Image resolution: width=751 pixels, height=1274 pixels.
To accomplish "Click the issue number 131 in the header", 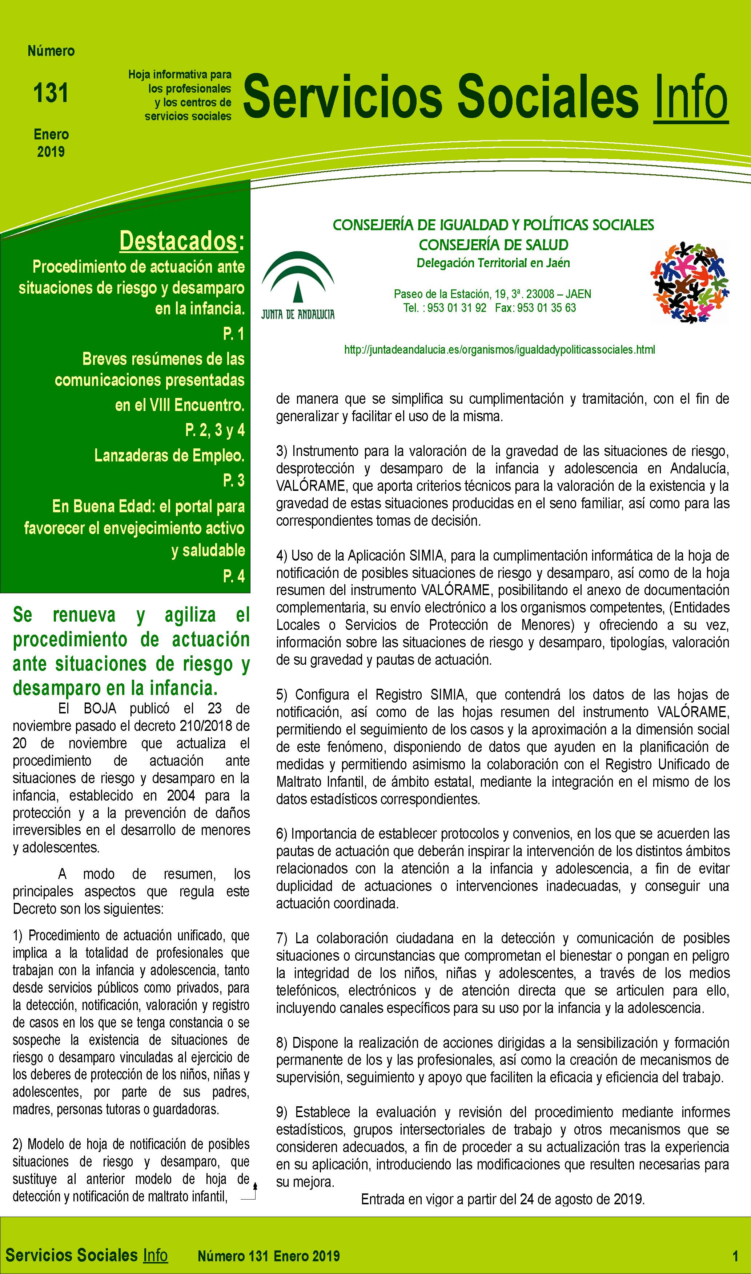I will tap(51, 93).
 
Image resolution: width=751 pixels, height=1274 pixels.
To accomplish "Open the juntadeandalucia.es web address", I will tap(499, 349).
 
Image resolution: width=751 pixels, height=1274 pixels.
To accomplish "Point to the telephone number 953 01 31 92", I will tap(457, 308).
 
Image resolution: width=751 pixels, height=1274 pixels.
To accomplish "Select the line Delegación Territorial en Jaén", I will tap(493, 263).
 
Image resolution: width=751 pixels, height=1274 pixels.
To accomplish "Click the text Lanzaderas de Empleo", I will tap(169, 456).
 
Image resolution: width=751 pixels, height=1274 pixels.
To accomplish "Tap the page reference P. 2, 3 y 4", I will tap(214, 430).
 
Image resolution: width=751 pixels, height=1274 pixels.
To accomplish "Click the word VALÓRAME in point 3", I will tap(310, 486).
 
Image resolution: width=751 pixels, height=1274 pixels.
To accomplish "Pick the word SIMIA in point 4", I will tap(427, 555).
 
